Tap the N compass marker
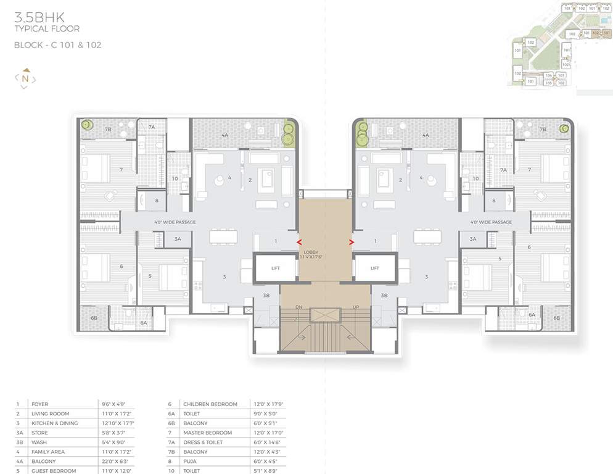pos(25,78)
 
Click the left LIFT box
pos(275,268)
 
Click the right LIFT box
pos(374,268)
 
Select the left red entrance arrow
pos(300,243)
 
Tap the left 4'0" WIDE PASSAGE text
pos(175,222)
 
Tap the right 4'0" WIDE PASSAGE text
pos(491,222)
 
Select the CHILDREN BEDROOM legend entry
pos(202,404)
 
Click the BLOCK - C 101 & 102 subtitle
pos(58,45)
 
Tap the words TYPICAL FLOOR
pos(47,29)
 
